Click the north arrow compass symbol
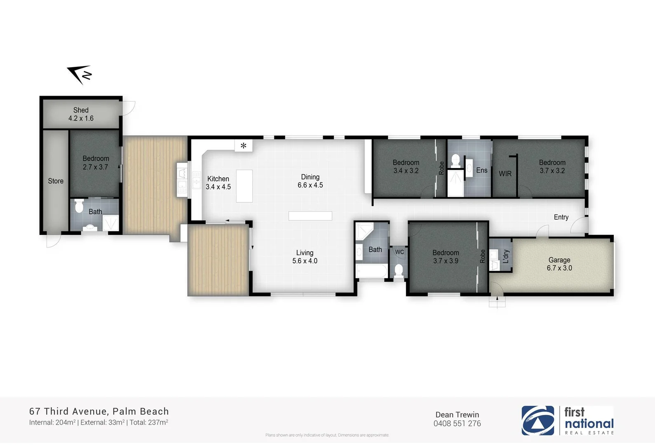(x=80, y=75)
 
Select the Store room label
(x=56, y=181)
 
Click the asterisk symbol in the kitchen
(x=244, y=145)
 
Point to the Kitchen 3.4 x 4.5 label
(x=218, y=183)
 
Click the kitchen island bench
(x=244, y=186)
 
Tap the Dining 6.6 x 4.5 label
(x=310, y=181)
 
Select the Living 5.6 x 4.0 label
(x=305, y=257)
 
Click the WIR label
(x=505, y=174)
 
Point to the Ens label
(x=481, y=170)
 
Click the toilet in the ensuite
(x=455, y=160)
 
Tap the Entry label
(x=561, y=217)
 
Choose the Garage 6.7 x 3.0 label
(x=559, y=264)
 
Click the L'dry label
(x=506, y=256)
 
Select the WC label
(x=399, y=252)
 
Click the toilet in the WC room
(x=398, y=270)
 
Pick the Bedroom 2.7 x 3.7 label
(x=96, y=163)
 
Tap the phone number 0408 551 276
(x=457, y=424)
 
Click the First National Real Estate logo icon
(x=538, y=421)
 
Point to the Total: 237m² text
(x=149, y=422)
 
